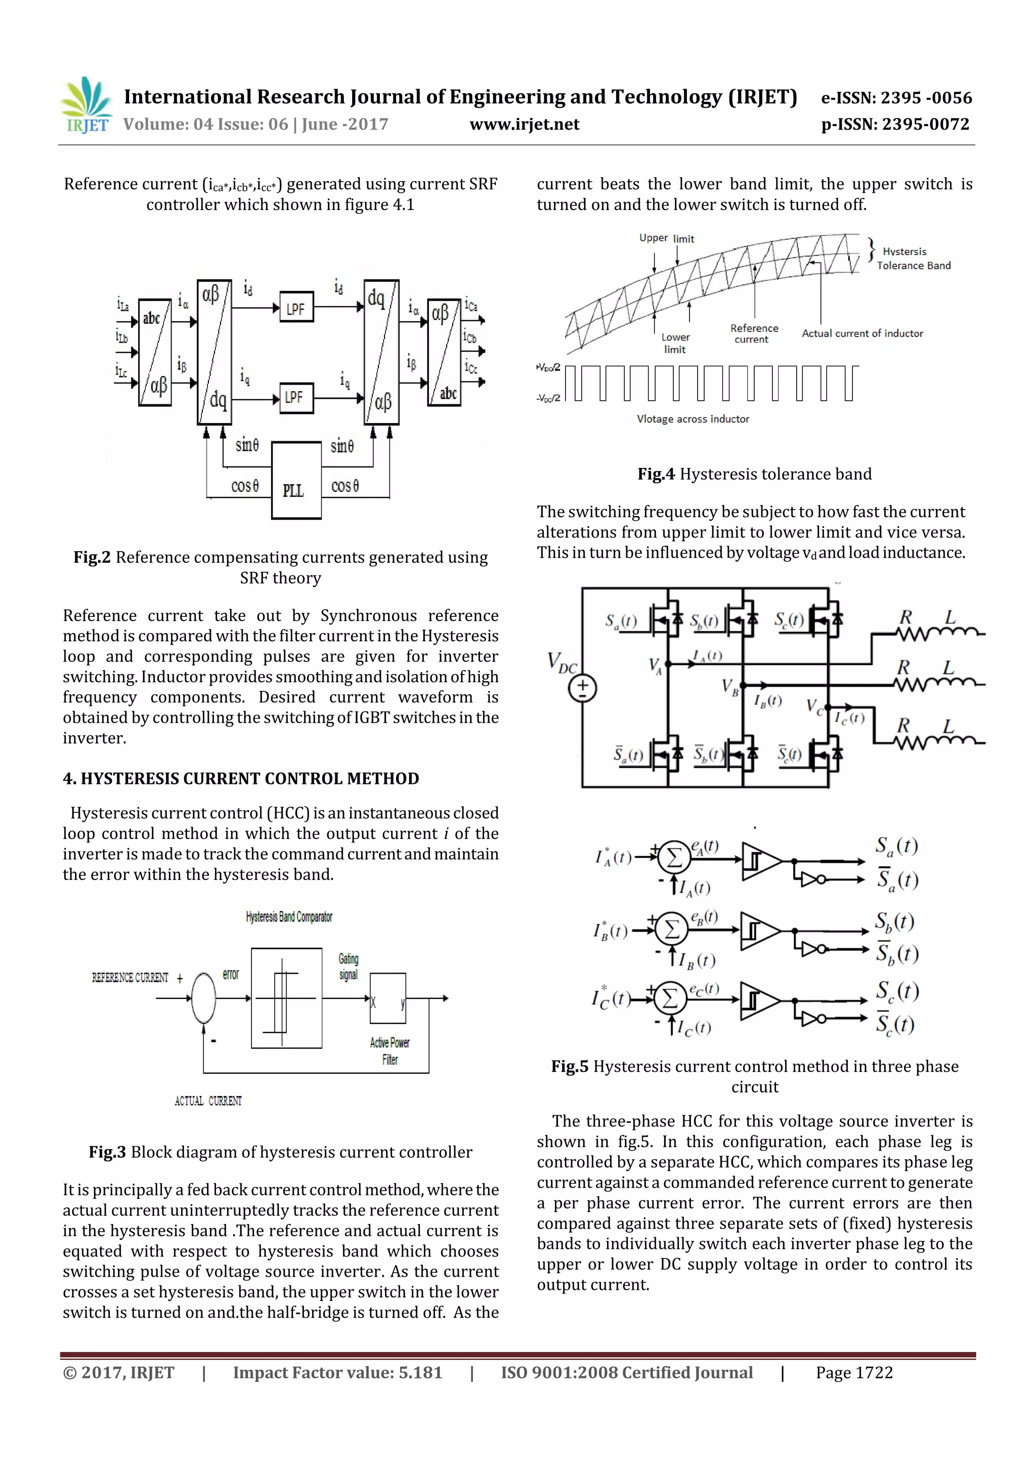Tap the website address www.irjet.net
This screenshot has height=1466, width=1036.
524,124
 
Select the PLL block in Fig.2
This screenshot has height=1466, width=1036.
296,480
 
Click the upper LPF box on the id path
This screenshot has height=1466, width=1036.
296,308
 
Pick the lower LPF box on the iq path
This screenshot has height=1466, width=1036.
296,398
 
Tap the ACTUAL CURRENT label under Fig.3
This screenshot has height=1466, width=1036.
208,1101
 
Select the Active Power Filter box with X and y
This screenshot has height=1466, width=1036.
387,998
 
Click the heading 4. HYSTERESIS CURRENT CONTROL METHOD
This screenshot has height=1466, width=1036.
241,778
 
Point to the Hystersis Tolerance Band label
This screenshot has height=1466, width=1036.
912,259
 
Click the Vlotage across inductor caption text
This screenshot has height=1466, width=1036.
693,419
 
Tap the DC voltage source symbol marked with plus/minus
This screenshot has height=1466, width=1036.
583,688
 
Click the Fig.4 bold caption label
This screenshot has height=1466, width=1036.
656,474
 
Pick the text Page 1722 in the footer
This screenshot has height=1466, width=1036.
853,1372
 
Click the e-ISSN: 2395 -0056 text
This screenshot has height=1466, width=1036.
895,98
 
